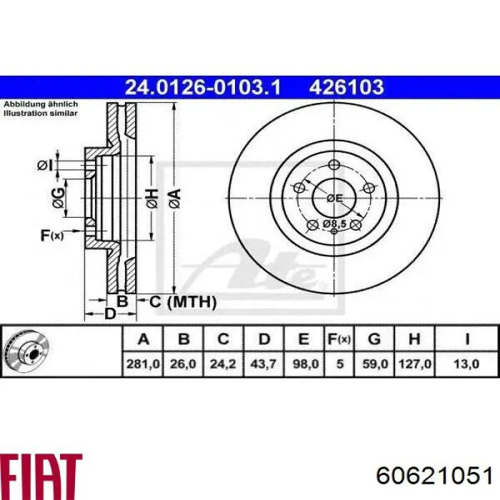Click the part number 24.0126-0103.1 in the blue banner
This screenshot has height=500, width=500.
pos(203,87)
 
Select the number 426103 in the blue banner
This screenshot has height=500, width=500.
pos(346,87)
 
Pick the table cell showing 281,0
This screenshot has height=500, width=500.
pos(143,364)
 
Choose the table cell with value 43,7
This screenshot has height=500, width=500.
pos(264,364)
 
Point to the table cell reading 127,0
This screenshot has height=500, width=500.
pos(414,364)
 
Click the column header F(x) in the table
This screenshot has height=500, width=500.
pos(339,339)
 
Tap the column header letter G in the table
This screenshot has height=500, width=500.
pos(374,339)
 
